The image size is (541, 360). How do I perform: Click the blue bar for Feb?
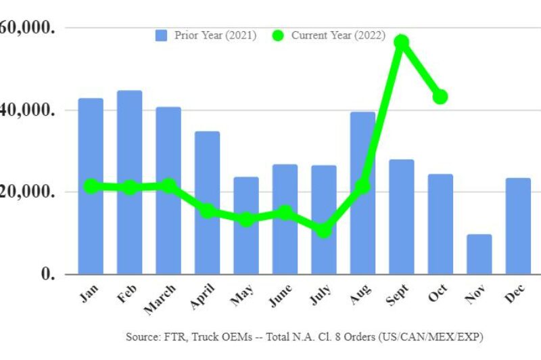coord(129,182)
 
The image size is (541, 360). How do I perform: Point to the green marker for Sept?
coord(402,42)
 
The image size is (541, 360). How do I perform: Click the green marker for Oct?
coord(440,97)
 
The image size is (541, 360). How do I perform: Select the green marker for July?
coord(324,231)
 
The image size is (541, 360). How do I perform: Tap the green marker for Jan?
coord(91,186)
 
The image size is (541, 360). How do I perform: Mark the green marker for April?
coord(208,211)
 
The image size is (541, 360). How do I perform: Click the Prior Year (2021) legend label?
coord(215,35)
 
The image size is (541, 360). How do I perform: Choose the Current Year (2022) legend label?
coord(338,35)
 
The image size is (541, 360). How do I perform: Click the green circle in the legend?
coord(278,35)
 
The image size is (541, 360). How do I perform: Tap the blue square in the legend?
coord(162,35)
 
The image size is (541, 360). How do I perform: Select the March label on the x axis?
coord(160,298)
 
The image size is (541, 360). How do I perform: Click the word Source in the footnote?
coord(141,336)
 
